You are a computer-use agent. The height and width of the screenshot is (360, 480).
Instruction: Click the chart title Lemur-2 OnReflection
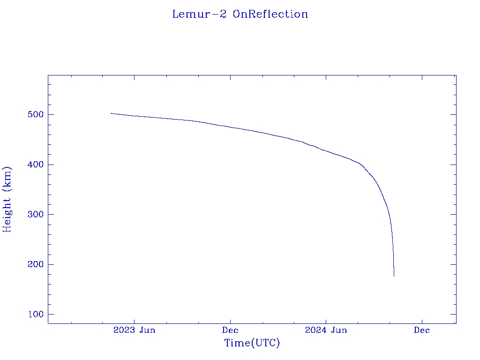(240, 14)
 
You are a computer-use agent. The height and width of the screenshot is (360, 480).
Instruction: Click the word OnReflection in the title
(270, 14)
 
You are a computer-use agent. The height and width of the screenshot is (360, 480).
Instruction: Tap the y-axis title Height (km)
(7, 199)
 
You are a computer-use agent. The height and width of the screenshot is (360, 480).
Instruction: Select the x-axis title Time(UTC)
(252, 343)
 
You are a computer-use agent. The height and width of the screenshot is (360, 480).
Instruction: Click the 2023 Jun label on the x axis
(134, 330)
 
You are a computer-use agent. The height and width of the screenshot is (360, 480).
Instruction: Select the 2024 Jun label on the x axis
(326, 330)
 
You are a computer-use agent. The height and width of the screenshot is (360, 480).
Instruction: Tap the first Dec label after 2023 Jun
(230, 330)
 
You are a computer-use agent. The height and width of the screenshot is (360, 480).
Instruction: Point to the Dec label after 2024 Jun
(422, 330)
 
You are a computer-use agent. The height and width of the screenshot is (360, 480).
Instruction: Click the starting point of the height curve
(111, 113)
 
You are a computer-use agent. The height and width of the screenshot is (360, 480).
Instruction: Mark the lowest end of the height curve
(394, 276)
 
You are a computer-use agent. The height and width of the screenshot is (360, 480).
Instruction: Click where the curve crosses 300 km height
(389, 214)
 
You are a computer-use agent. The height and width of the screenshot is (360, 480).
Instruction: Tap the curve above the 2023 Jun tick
(134, 116)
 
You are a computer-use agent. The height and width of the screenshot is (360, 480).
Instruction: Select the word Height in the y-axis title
(7, 211)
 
